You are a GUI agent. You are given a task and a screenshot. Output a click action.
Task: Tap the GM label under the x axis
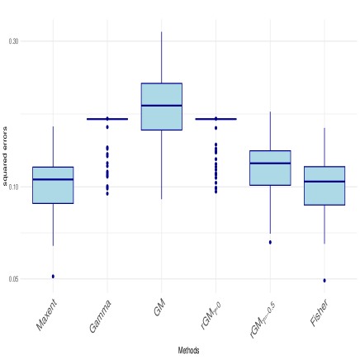(x=159, y=308)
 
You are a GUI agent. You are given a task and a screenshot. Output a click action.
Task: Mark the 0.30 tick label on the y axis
(x=13, y=40)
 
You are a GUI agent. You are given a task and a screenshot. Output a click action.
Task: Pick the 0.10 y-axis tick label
(x=13, y=187)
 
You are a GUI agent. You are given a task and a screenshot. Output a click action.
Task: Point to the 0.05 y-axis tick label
(x=13, y=279)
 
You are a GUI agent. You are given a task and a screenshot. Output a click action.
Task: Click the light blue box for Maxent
(x=53, y=185)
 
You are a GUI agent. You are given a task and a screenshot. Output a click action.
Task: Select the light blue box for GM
(x=161, y=107)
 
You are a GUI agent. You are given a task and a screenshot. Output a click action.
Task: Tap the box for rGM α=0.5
(x=270, y=168)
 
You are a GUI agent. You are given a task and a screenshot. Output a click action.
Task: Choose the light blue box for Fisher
(x=324, y=186)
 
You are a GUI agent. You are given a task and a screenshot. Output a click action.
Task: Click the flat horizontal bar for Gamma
(x=107, y=120)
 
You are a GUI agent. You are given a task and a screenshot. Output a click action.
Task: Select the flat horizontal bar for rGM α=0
(x=216, y=120)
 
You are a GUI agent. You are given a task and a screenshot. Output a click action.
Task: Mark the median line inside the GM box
(x=161, y=106)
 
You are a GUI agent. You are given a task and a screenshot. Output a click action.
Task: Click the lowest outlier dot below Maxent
(x=53, y=275)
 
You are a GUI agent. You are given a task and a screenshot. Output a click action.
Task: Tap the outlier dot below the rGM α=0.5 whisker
(x=270, y=243)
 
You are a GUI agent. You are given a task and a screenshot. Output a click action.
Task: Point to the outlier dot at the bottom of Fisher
(x=324, y=281)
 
